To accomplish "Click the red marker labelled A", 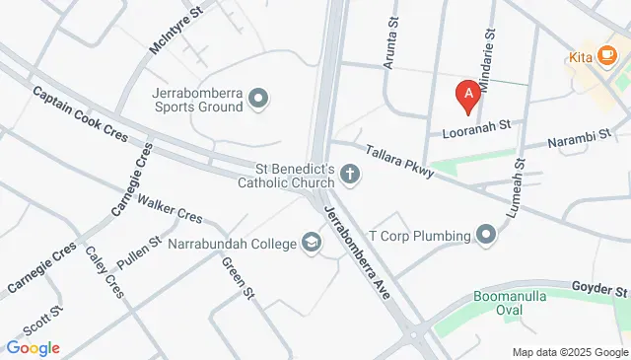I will [x=468, y=95].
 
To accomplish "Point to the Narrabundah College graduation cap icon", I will [x=312, y=243].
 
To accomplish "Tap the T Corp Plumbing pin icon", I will [x=486, y=235].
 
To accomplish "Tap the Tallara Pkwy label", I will [x=399, y=161].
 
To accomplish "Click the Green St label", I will [x=240, y=280].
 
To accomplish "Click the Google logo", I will [x=33, y=348].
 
